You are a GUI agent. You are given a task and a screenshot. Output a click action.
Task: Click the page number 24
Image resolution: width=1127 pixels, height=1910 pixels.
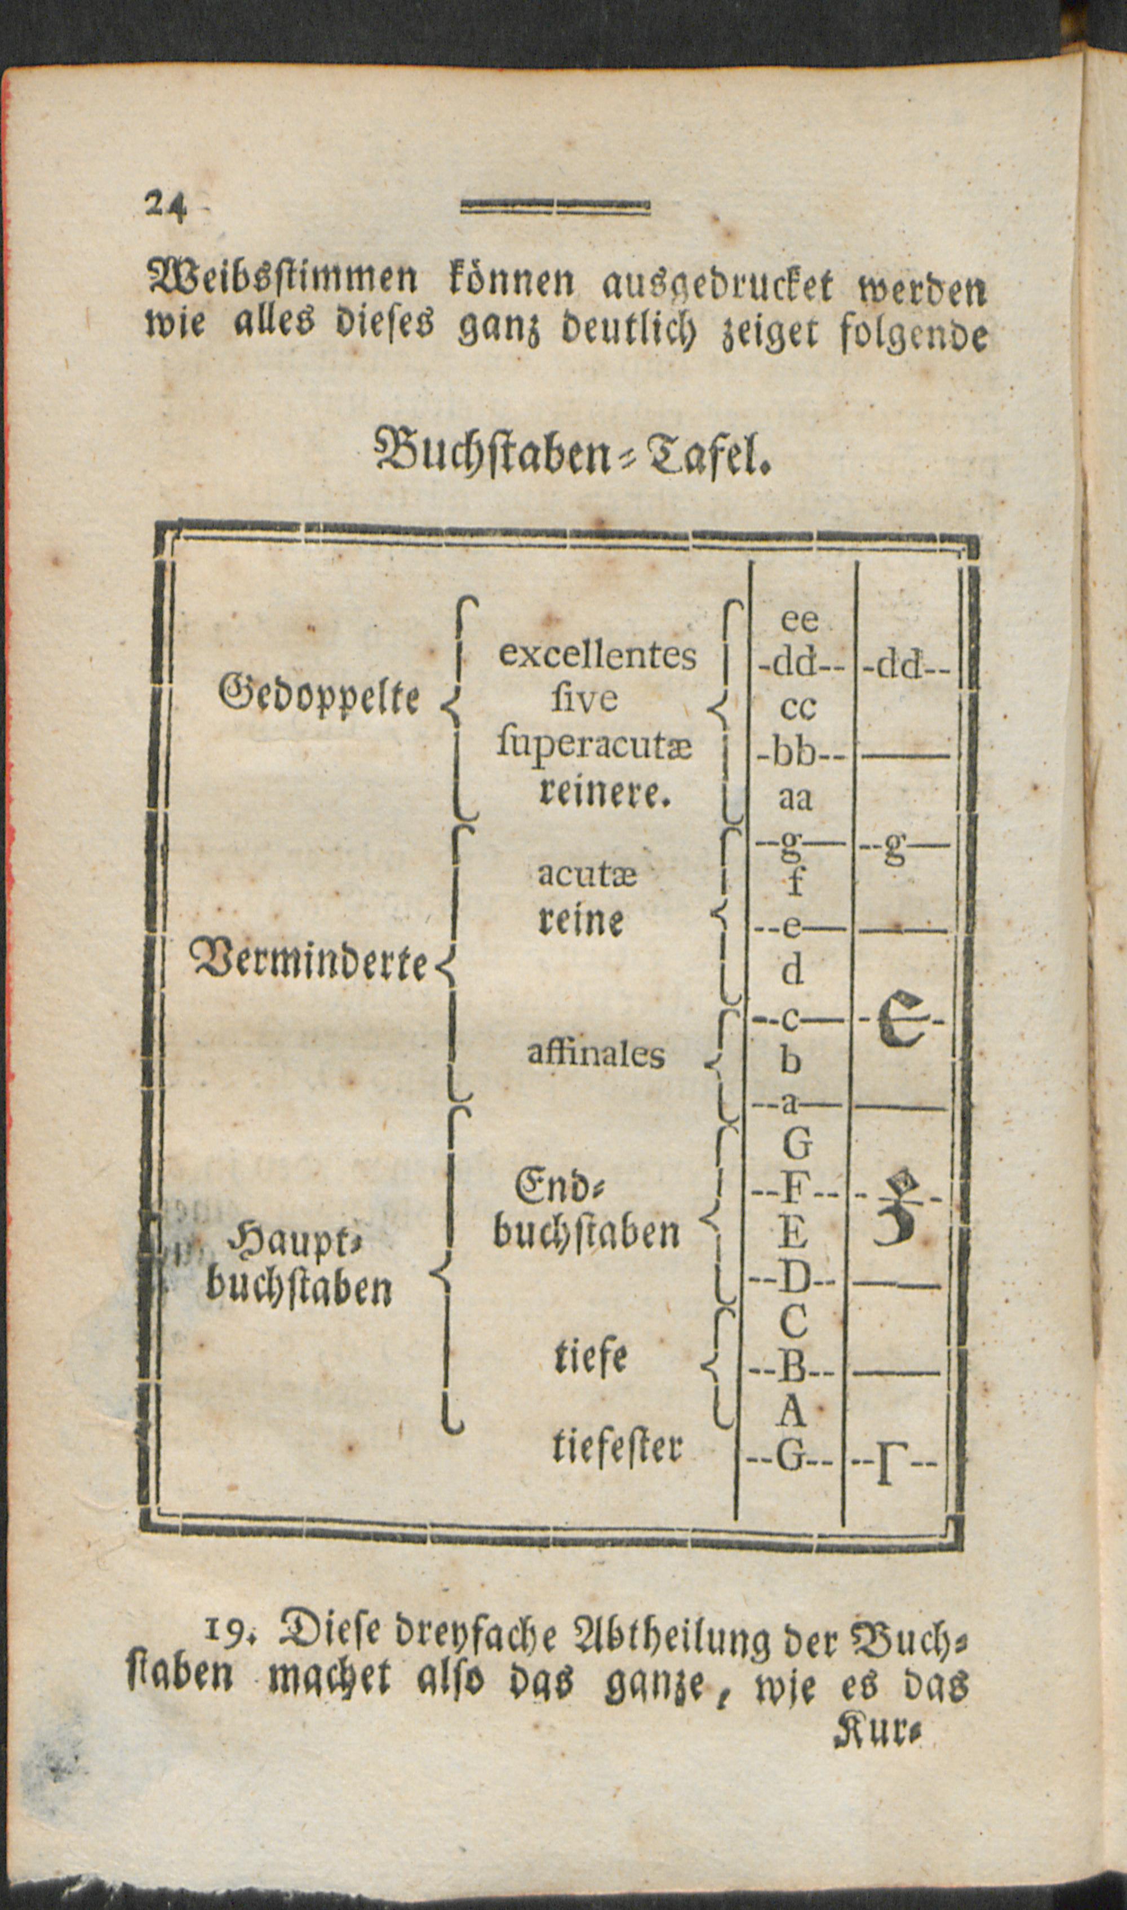[x=166, y=205]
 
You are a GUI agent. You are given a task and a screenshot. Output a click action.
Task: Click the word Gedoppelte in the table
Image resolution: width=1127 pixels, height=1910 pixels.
[x=319, y=694]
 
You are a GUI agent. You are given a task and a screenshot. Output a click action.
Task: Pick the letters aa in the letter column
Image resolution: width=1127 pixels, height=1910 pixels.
[x=796, y=799]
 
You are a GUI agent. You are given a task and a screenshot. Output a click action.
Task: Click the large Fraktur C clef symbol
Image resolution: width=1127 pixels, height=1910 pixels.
[x=902, y=1020]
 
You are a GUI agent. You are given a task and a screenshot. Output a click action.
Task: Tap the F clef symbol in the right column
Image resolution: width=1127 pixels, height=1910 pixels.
[x=899, y=1208]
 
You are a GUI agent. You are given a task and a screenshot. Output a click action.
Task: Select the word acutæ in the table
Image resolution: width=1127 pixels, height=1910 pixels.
[x=587, y=875]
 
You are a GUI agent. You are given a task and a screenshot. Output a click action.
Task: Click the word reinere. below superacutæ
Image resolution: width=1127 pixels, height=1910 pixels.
[x=604, y=794]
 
